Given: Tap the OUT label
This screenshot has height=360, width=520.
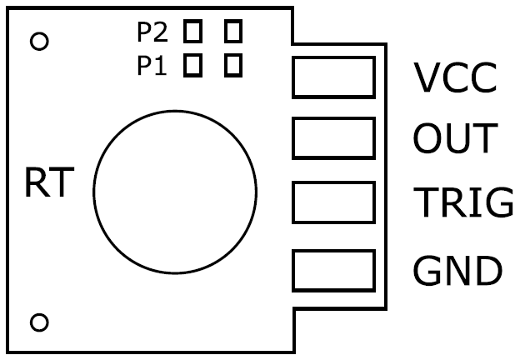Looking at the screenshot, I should click(454, 139).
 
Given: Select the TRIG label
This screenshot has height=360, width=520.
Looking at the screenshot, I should click(462, 202).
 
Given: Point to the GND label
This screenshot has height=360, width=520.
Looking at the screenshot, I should click(457, 270).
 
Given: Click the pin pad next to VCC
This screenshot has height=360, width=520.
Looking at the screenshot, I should click(333, 77).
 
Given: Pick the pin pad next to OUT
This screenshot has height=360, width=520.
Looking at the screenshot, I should click(333, 137).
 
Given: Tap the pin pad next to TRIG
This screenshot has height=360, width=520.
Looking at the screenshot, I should click(333, 202).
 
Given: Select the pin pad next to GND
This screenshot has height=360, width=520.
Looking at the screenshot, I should click(333, 270).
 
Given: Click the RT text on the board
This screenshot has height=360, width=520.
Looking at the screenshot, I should click(49, 184).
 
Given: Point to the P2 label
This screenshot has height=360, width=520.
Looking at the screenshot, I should click(152, 33).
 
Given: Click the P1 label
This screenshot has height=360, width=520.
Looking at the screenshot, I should click(152, 66).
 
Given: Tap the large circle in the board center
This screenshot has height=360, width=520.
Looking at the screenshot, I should click(174, 192).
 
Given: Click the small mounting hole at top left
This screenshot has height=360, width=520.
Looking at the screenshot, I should click(38, 41).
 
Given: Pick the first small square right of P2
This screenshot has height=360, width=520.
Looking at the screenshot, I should click(193, 32).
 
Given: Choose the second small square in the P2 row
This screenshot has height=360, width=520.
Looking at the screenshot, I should click(233, 32).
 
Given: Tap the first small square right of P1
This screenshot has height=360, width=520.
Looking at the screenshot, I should click(193, 64).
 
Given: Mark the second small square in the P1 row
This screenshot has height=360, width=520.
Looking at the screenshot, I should click(233, 64).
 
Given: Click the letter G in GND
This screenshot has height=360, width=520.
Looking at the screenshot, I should click(428, 270).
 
